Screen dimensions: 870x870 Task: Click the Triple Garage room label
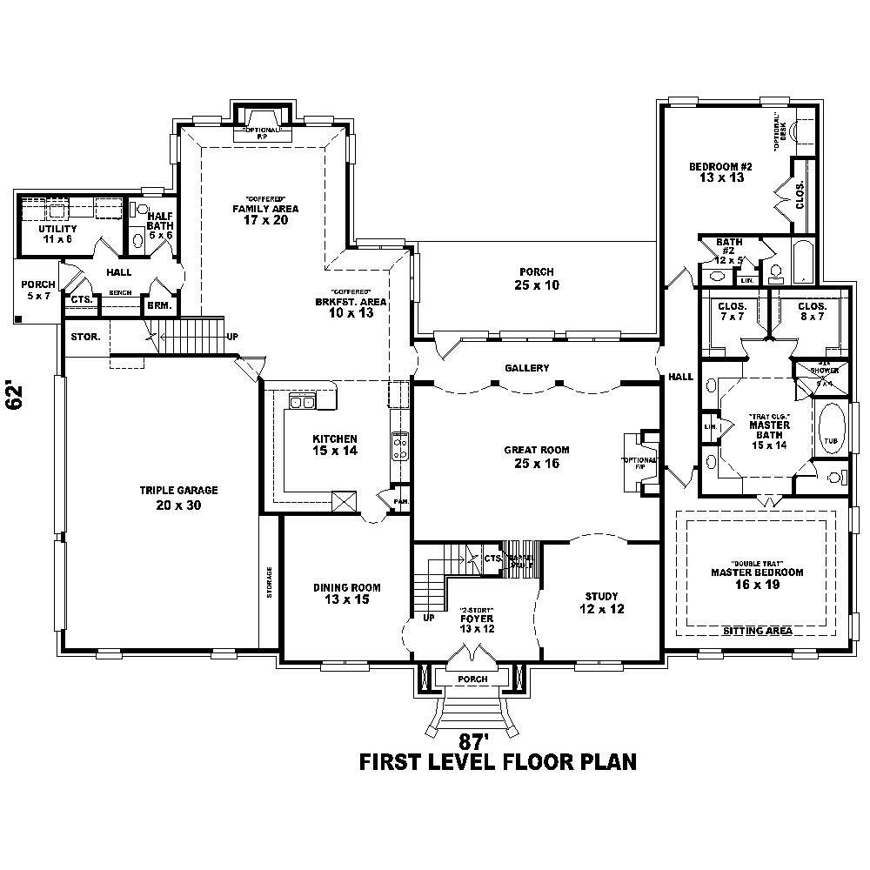[178, 497]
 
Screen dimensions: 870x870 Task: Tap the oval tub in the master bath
[831, 427]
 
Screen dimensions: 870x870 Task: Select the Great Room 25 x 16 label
[537, 457]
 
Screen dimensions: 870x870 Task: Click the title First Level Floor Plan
[498, 762]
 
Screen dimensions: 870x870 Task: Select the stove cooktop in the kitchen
[401, 445]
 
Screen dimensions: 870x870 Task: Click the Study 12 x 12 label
[601, 602]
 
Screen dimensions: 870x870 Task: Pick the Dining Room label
[347, 593]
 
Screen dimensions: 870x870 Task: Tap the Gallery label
[527, 368]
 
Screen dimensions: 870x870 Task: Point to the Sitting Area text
[757, 631]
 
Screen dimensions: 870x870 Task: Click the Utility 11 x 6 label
[58, 233]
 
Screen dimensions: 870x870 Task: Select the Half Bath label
[160, 225]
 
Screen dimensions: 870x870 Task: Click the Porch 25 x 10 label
[537, 278]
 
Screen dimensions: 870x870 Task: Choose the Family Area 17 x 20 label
[265, 214]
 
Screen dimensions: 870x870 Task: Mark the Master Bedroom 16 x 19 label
[757, 579]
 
